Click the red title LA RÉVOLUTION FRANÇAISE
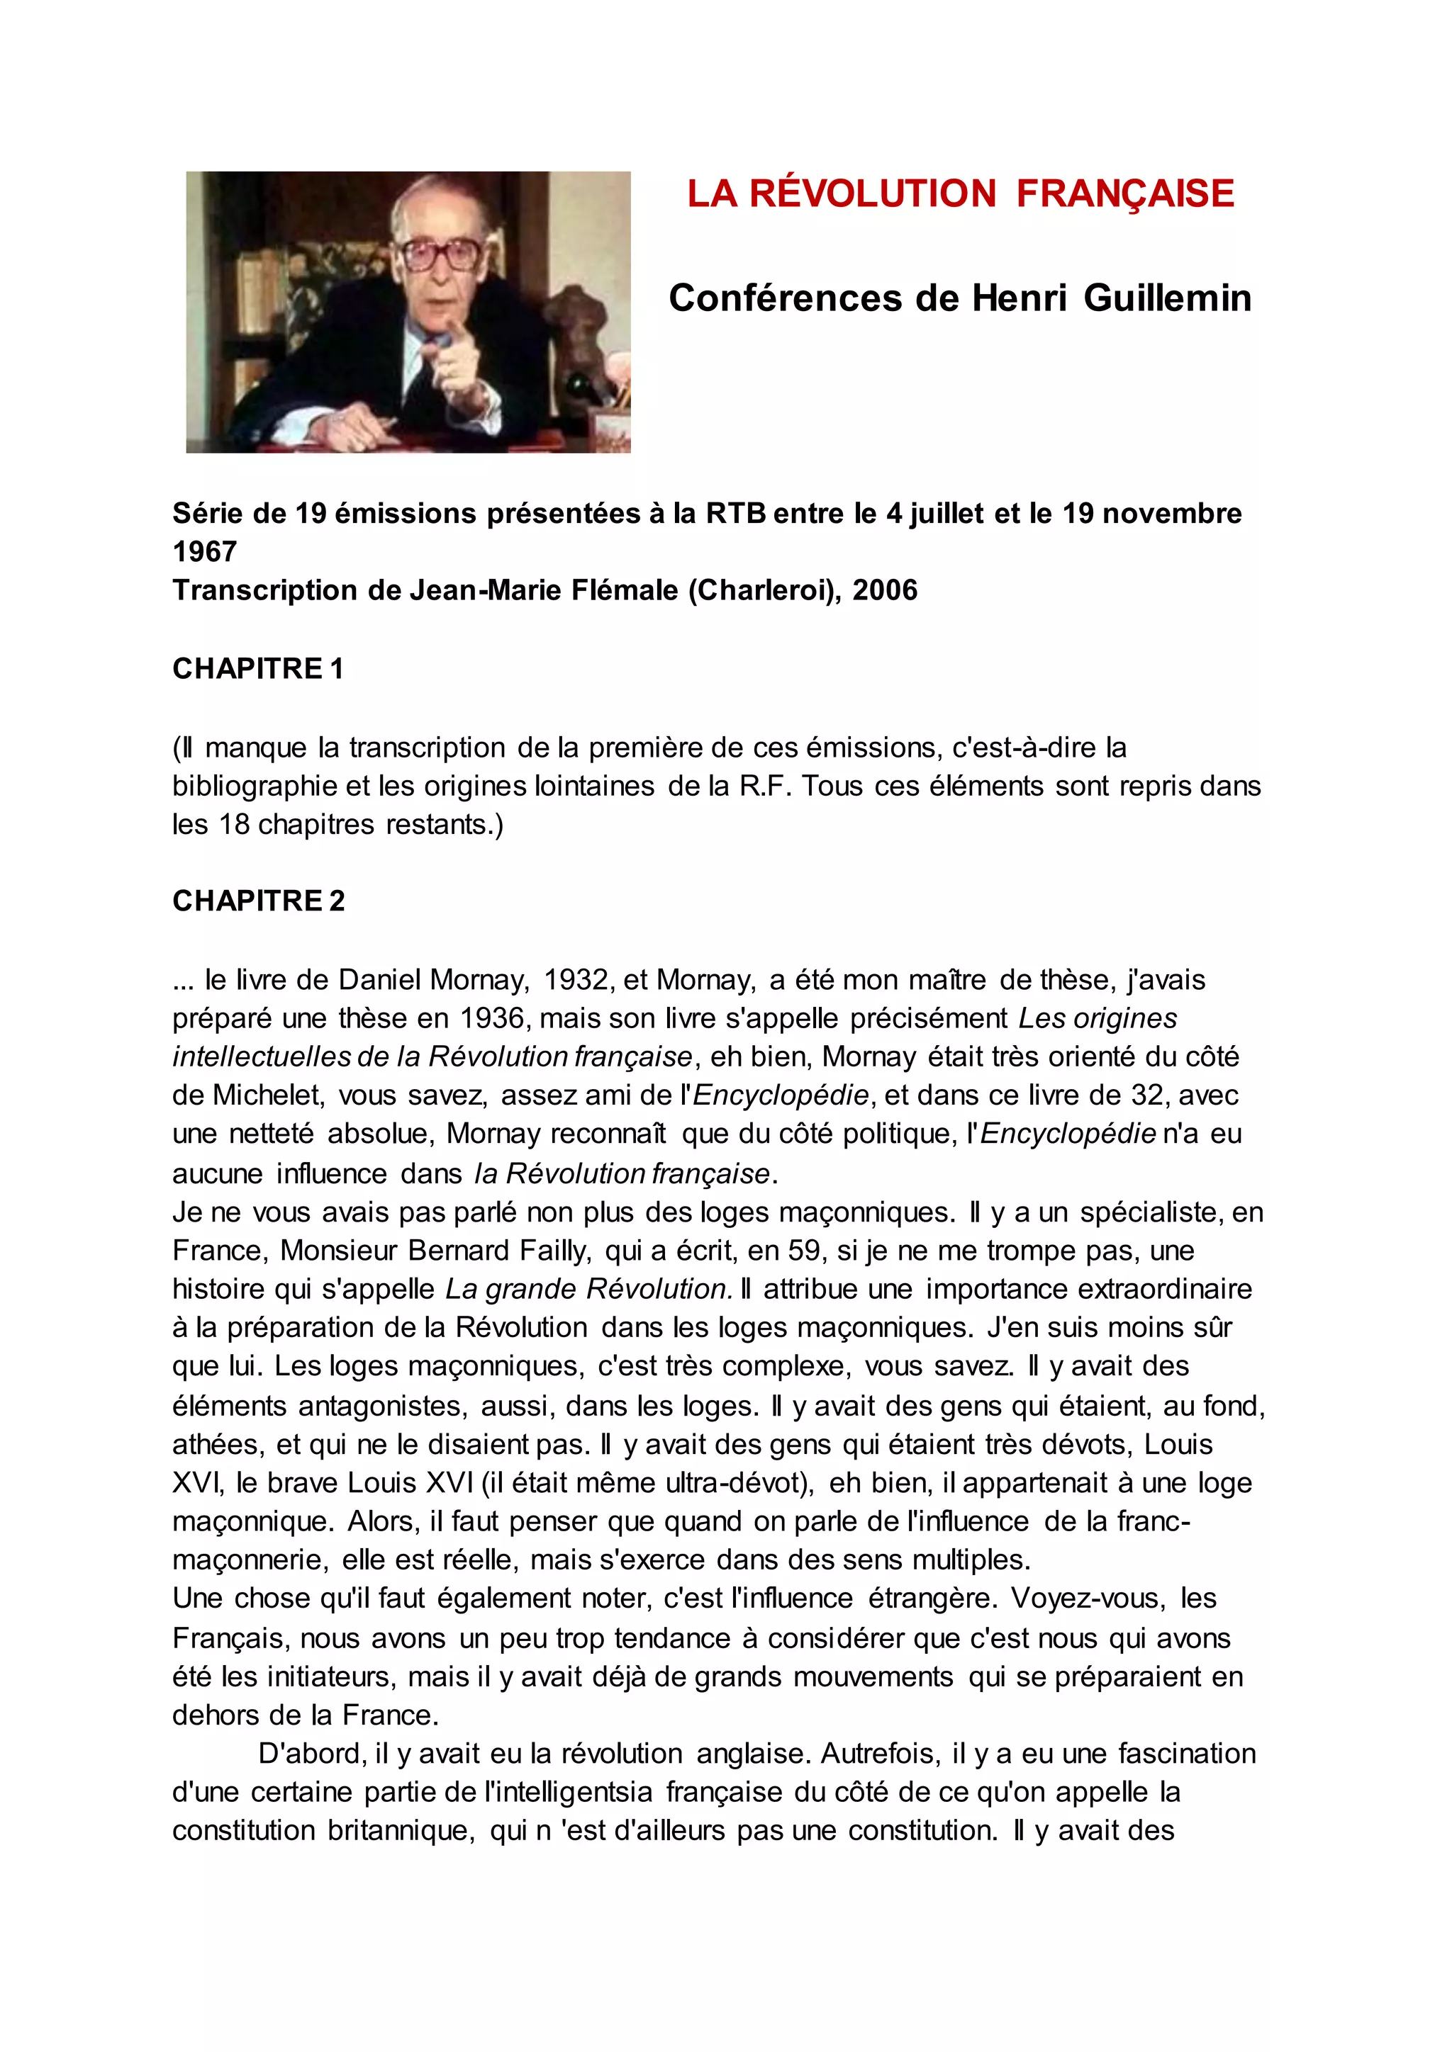click(960, 194)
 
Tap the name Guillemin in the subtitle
click(1168, 298)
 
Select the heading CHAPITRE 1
click(257, 668)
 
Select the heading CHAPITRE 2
click(257, 901)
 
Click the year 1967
click(205, 552)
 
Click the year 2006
click(885, 591)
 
